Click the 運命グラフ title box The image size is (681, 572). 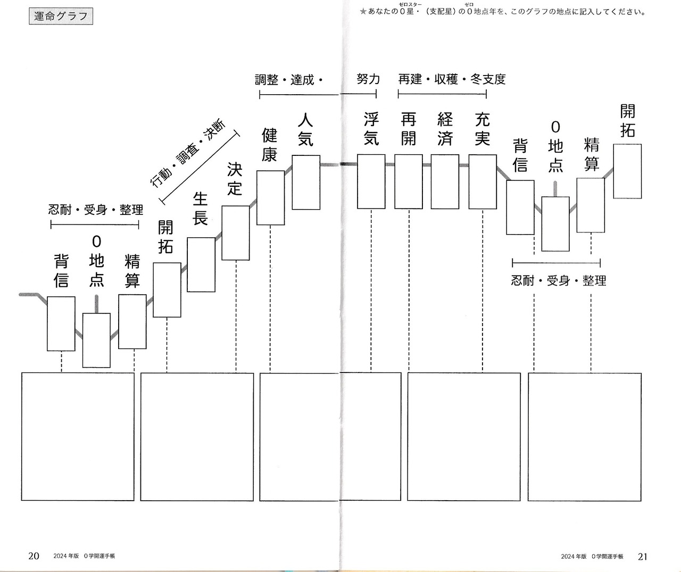pyautogui.click(x=61, y=16)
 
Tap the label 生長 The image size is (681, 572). pyautogui.click(x=200, y=209)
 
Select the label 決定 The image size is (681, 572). pyautogui.click(x=235, y=179)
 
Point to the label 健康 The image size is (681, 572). pyautogui.click(x=270, y=145)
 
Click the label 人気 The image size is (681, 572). pyautogui.click(x=305, y=129)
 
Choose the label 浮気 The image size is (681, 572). pyautogui.click(x=371, y=129)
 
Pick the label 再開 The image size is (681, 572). pyautogui.click(x=408, y=129)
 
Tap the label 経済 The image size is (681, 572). pyautogui.click(x=445, y=129)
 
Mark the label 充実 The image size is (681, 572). pyautogui.click(x=482, y=129)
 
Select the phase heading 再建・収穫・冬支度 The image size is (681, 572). pyautogui.click(x=452, y=79)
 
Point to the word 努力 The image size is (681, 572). pyautogui.click(x=368, y=79)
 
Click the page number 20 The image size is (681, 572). pyautogui.click(x=34, y=556)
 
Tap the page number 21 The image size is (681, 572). pyautogui.click(x=643, y=556)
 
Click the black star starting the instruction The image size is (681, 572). pyautogui.click(x=363, y=11)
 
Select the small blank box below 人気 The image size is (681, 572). pyautogui.click(x=306, y=183)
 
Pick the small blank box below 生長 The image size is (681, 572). pyautogui.click(x=201, y=264)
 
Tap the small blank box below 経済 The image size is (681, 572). pyautogui.click(x=445, y=181)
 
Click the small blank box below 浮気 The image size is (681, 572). pyautogui.click(x=371, y=181)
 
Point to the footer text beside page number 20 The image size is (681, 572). pyautogui.click(x=84, y=556)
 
